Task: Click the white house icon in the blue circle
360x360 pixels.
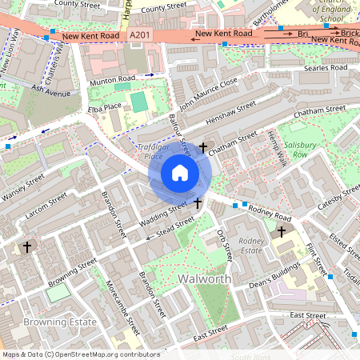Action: (180, 173)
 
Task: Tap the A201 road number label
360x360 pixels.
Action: (139, 35)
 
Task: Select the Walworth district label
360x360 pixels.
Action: (205, 279)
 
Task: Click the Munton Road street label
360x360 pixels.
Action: (113, 82)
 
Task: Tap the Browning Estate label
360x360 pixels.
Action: (60, 322)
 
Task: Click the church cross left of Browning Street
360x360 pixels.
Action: (28, 247)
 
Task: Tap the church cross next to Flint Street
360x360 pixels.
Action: (281, 232)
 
